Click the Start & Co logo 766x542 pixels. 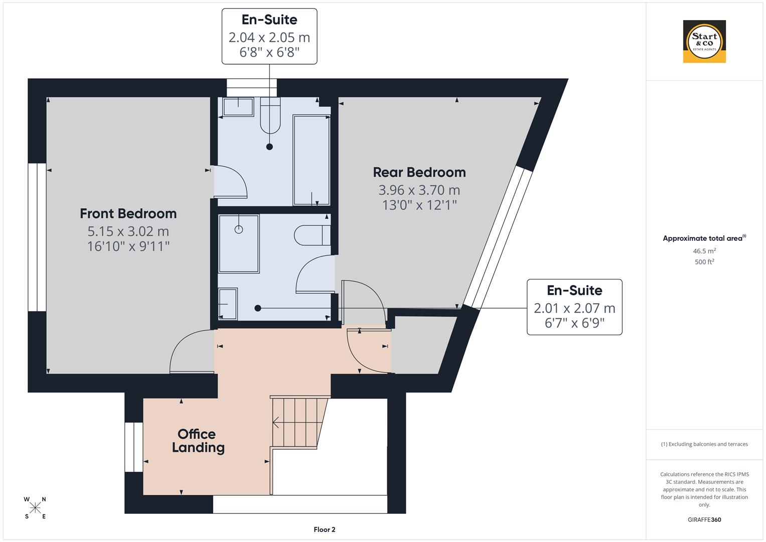[704, 42]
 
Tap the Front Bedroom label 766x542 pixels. [128, 214]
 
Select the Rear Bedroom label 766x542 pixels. [419, 173]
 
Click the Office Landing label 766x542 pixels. [198, 441]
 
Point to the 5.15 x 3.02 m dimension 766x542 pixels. [128, 231]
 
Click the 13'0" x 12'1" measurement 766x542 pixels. [419, 205]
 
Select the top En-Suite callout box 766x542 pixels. [269, 36]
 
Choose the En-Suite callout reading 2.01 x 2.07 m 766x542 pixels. [574, 307]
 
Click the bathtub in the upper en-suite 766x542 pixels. [311, 160]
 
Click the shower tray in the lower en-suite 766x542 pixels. [239, 244]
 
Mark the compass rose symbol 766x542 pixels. [35, 508]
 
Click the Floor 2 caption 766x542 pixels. [324, 529]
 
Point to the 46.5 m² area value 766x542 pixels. [704, 251]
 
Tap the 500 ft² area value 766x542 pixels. [704, 262]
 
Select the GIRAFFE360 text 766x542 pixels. [704, 519]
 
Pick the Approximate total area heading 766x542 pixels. [704, 238]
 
